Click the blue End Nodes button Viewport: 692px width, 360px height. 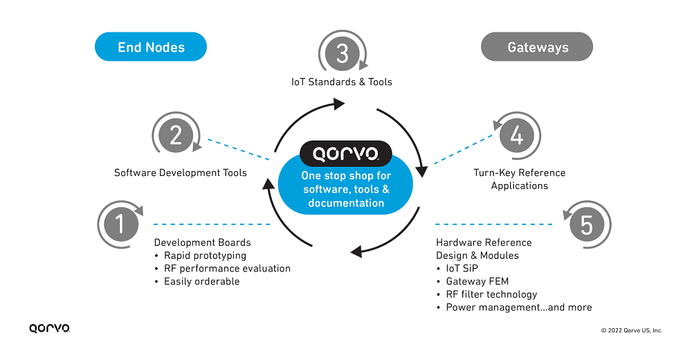150,46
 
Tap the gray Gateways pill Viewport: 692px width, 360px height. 537,46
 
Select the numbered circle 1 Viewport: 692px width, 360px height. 120,224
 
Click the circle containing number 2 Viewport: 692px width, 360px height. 176,135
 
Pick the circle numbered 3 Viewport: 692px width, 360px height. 343,53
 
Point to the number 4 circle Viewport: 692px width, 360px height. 517,135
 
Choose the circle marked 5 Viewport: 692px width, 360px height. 587,224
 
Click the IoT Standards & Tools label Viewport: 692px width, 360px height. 342,82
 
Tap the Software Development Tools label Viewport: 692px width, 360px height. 181,172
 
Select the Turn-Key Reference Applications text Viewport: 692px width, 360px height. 520,179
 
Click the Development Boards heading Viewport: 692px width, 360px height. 203,242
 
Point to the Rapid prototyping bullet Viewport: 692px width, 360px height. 206,255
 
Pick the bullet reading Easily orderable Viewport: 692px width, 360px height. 201,281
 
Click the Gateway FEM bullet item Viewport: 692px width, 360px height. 477,281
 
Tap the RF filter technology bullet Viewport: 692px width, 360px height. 491,294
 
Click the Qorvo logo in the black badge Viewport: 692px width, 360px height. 345,154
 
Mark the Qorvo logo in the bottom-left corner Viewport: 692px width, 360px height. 49,328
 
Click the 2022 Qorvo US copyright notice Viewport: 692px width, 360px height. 632,330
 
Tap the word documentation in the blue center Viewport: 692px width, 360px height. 346,203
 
